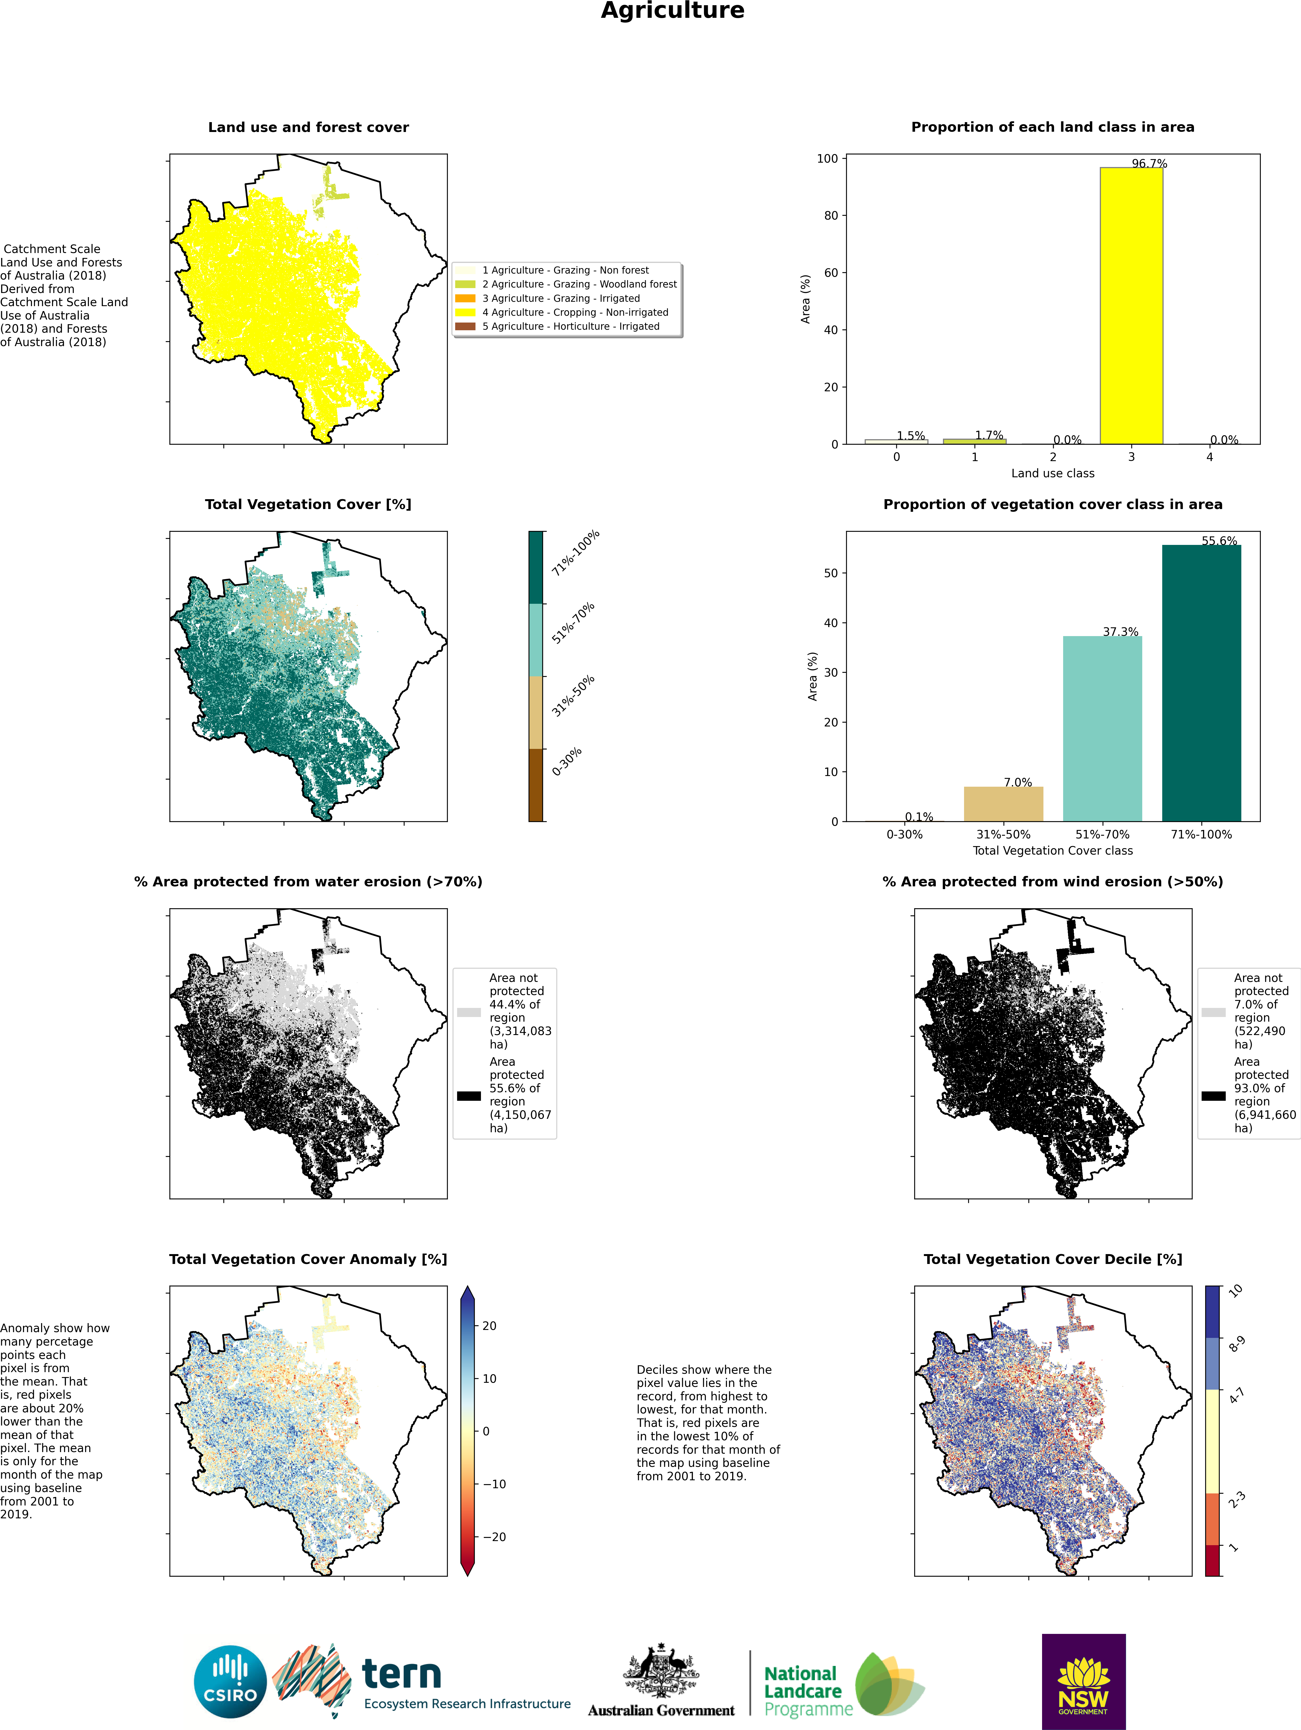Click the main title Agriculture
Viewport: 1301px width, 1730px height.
pos(672,11)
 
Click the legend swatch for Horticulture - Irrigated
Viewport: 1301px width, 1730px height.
pos(465,326)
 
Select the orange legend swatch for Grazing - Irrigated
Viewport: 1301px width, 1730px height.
pos(465,298)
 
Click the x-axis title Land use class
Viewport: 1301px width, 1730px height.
pos(1052,473)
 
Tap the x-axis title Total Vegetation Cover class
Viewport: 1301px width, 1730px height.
pos(1052,850)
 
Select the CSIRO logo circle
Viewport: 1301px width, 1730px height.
pos(231,1682)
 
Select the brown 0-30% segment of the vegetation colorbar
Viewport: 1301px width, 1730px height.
pos(536,784)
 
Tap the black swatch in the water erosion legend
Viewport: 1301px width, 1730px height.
pos(468,1096)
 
